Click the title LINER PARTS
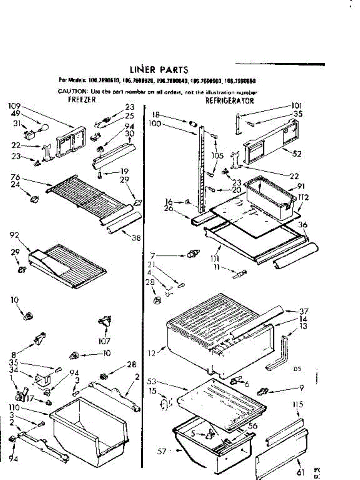[x=159, y=70]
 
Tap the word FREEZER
[x=82, y=100]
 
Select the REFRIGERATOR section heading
[x=229, y=100]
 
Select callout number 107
[x=105, y=341]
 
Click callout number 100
[x=154, y=124]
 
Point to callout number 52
[x=297, y=154]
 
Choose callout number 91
[x=301, y=186]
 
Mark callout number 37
[x=304, y=312]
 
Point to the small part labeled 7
[x=194, y=254]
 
